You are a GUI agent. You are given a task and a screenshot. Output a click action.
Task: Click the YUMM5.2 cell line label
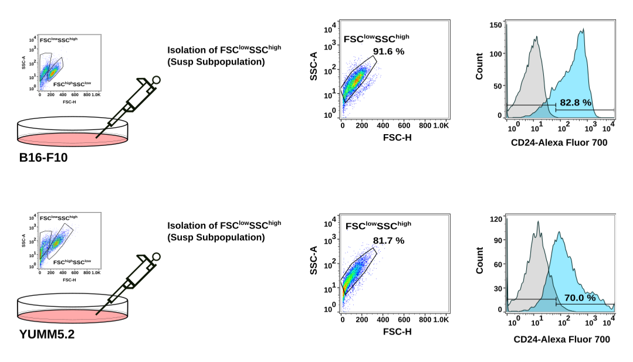pyautogui.click(x=45, y=336)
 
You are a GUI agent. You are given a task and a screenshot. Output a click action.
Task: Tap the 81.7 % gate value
pyautogui.click(x=388, y=240)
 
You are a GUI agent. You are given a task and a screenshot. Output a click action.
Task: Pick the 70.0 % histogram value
pyautogui.click(x=580, y=298)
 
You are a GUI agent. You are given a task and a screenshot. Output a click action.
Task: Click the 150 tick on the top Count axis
pyautogui.click(x=496, y=25)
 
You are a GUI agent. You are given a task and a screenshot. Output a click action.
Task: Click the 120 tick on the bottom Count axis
pyautogui.click(x=496, y=218)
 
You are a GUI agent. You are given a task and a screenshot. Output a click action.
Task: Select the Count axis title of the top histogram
pyautogui.click(x=480, y=67)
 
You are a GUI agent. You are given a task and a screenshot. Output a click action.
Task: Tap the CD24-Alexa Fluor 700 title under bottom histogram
pyautogui.click(x=561, y=339)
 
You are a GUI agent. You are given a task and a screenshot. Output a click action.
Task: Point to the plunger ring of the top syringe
pyautogui.click(x=156, y=80)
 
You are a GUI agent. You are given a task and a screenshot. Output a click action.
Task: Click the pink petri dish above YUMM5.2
pyautogui.click(x=73, y=315)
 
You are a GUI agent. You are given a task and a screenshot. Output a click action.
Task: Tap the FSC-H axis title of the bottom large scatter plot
pyautogui.click(x=396, y=332)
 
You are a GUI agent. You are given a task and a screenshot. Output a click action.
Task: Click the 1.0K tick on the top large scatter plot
pyautogui.click(x=441, y=125)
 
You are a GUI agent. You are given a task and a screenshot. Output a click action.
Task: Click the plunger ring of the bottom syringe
pyautogui.click(x=156, y=257)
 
